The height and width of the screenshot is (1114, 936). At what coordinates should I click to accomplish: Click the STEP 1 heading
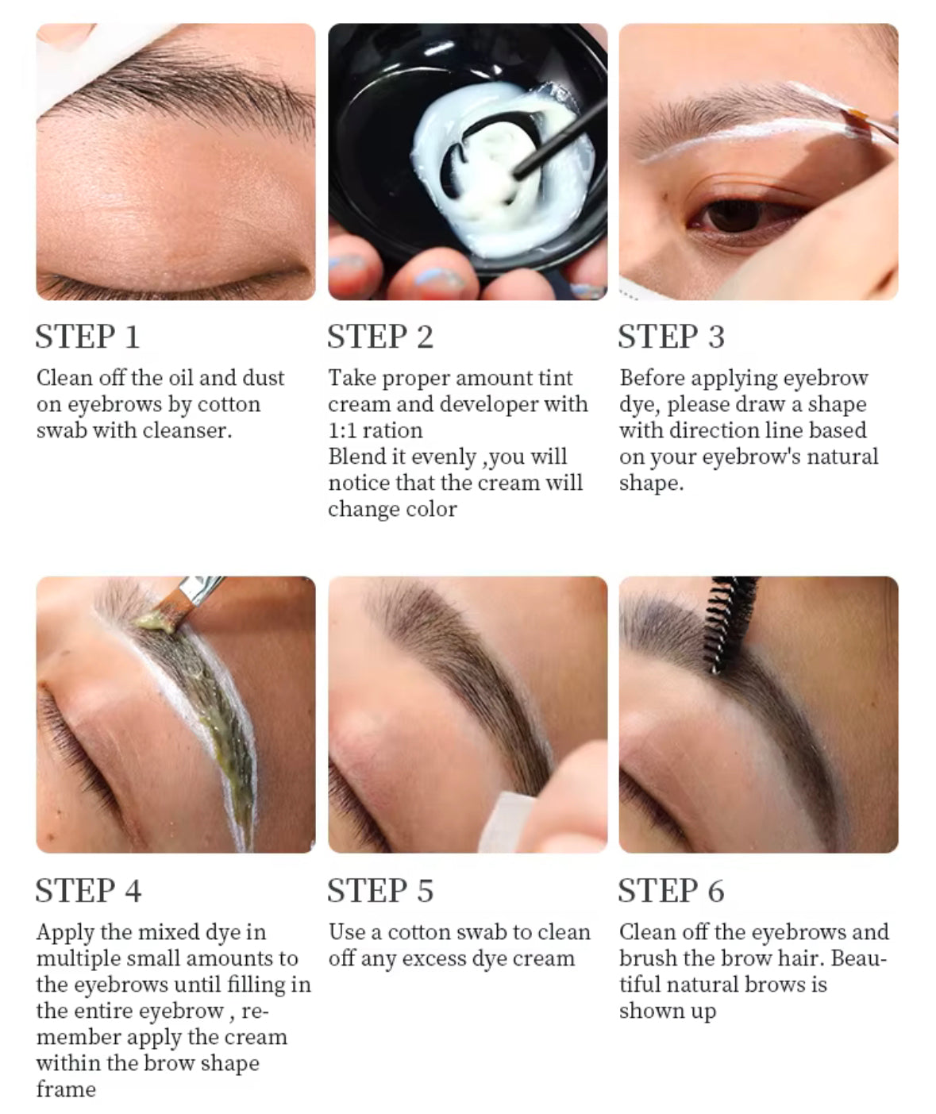pyautogui.click(x=87, y=337)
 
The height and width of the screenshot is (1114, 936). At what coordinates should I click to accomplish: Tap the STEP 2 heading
pyautogui.click(x=380, y=337)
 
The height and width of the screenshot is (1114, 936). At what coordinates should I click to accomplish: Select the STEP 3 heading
pyautogui.click(x=672, y=337)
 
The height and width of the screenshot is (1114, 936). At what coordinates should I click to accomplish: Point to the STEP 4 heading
pyautogui.click(x=89, y=890)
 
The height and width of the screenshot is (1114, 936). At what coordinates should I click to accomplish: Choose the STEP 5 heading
pyautogui.click(x=380, y=890)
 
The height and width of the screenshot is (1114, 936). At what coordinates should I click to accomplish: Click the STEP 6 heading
pyautogui.click(x=672, y=890)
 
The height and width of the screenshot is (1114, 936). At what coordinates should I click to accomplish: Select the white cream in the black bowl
pyautogui.click(x=502, y=165)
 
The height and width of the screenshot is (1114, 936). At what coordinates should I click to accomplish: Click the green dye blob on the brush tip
pyautogui.click(x=155, y=622)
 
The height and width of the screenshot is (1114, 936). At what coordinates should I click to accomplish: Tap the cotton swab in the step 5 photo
pyautogui.click(x=504, y=822)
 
